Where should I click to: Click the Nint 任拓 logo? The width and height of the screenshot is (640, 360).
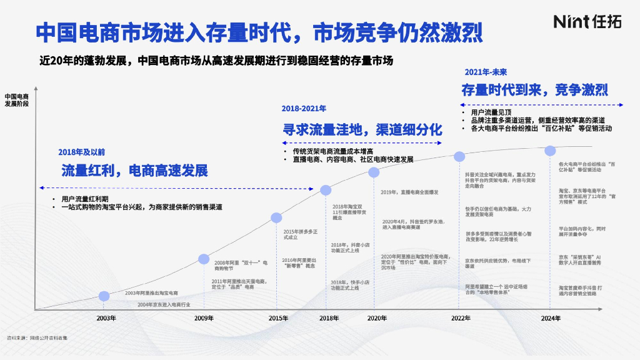click(x=587, y=22)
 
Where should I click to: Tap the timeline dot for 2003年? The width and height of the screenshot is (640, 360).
click(x=104, y=296)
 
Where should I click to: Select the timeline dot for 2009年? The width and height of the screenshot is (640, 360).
click(x=204, y=259)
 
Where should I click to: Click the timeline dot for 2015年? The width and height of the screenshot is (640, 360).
click(x=277, y=217)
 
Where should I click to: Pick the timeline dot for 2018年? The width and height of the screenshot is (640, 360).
click(x=326, y=190)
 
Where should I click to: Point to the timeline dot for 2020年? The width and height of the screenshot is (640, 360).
click(x=374, y=172)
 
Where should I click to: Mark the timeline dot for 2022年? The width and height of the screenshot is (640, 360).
click(x=460, y=156)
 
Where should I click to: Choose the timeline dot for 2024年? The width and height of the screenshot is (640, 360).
click(x=551, y=151)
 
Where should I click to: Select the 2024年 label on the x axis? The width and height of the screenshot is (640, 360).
click(x=551, y=318)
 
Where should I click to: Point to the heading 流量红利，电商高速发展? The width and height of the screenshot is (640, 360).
click(x=134, y=171)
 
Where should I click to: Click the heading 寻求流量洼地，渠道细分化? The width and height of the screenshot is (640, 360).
click(x=362, y=130)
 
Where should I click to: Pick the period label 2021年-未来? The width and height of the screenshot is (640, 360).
click(x=486, y=72)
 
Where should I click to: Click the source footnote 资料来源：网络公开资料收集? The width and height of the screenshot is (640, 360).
click(x=37, y=338)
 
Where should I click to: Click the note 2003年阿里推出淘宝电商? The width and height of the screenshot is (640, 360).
click(x=151, y=293)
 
